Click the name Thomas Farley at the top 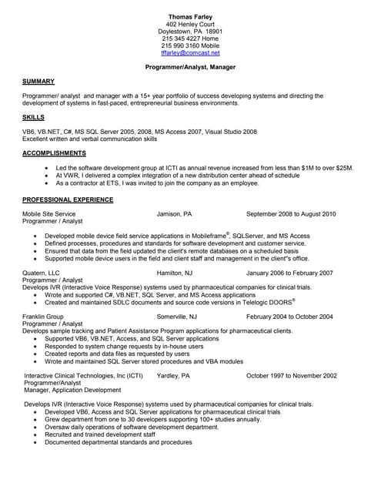190,16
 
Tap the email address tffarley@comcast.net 190,53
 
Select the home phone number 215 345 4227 190,38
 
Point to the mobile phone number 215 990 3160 190,45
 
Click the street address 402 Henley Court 190,24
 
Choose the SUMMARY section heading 38,82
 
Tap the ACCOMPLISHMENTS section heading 55,153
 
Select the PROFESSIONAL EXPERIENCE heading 68,200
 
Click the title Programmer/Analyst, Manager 190,67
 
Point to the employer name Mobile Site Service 49,213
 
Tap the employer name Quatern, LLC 42,273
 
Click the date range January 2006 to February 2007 289,273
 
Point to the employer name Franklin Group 44,317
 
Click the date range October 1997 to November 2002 291,375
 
